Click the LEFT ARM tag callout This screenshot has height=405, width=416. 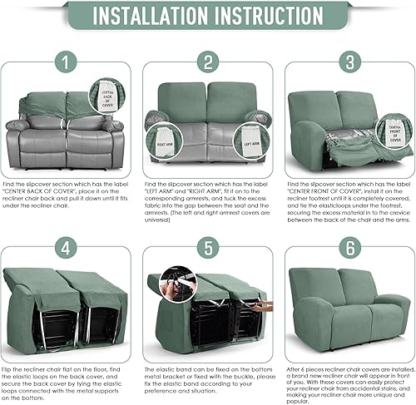251,139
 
